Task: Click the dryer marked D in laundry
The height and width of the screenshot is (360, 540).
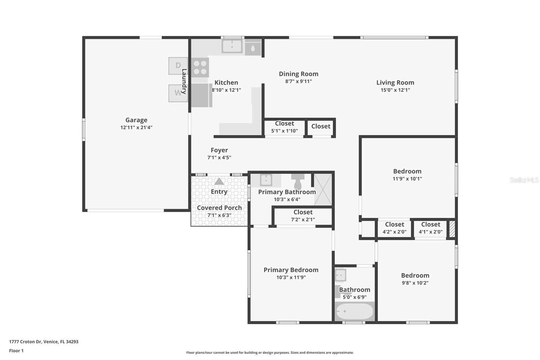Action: click(178, 66)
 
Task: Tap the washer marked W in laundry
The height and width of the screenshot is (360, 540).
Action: click(178, 93)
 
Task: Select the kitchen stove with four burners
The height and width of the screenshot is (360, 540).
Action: click(200, 67)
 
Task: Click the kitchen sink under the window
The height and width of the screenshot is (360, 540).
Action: click(232, 46)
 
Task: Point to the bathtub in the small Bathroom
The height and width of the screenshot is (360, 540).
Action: click(354, 311)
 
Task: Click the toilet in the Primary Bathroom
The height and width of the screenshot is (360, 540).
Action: click(298, 182)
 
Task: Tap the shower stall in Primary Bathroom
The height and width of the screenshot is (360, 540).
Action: click(323, 189)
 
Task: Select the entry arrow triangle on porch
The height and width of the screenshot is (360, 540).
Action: click(219, 181)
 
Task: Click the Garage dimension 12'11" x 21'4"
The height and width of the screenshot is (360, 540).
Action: click(136, 127)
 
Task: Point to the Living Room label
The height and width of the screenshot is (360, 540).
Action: click(395, 82)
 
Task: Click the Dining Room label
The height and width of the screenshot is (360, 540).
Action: click(298, 74)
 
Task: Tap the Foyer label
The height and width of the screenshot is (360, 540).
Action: click(219, 150)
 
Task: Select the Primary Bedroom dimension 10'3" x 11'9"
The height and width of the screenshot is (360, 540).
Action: click(291, 277)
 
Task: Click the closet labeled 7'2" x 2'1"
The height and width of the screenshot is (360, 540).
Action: click(303, 216)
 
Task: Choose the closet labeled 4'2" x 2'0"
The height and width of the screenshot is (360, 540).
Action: click(394, 228)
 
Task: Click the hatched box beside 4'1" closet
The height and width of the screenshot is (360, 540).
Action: click(452, 229)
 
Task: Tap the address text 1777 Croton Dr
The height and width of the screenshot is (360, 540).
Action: click(44, 341)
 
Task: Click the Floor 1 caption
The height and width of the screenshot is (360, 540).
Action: click(16, 351)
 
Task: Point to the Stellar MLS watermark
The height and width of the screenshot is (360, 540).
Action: click(524, 180)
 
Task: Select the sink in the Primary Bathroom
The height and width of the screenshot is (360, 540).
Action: click(266, 180)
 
